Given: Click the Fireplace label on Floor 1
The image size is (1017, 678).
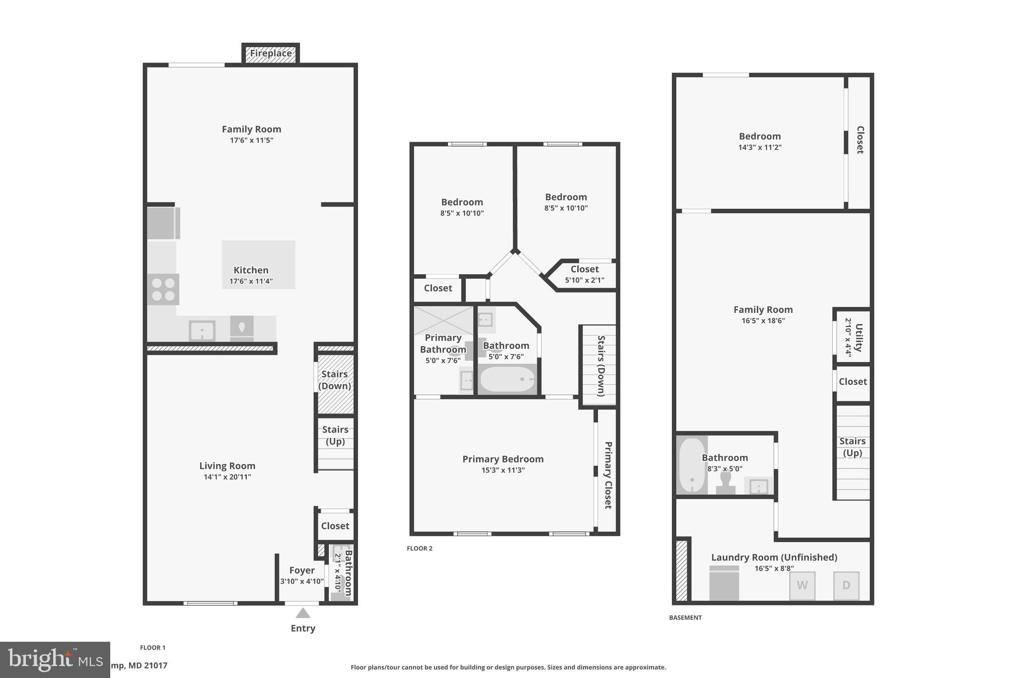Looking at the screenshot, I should pos(271,54).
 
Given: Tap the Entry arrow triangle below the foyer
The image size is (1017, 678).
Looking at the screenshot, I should pos(303,613).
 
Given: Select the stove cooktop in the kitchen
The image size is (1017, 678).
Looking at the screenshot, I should pos(163,290).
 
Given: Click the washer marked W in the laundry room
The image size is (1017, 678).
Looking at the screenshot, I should pos(802,585).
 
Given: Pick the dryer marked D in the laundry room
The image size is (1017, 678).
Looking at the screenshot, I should pos(846,585).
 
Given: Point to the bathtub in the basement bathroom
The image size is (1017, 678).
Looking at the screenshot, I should pos(691,465).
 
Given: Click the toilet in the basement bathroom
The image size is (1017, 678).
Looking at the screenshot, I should pos(726,482).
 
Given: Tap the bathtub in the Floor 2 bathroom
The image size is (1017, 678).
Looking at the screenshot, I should pos(508,380).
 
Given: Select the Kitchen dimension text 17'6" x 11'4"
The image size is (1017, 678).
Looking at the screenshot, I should pos(251,281).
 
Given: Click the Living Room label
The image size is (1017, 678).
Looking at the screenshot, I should pos(227,466).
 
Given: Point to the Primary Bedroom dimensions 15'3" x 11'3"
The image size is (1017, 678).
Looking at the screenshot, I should pos(503,470).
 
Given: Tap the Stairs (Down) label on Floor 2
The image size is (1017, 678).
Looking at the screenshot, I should pos(601,366).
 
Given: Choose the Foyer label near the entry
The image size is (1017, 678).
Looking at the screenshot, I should pos(302,570).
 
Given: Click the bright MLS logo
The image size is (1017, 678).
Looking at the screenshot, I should pos(55,660).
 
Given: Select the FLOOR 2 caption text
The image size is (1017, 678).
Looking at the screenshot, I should pos(420,548).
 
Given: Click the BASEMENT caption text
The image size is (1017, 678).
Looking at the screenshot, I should pos(685,617).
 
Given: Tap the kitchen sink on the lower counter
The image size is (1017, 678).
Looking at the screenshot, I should pos(202,330).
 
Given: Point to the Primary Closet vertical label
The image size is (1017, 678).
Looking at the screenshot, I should pos(608,475).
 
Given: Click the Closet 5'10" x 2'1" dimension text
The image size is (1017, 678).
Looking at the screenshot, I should pos(584,280).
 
